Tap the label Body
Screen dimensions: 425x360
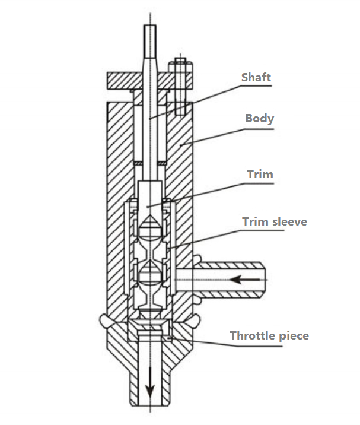(x=259, y=118)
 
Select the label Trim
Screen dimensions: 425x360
(x=259, y=175)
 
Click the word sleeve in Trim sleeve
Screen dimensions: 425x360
(x=290, y=221)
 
